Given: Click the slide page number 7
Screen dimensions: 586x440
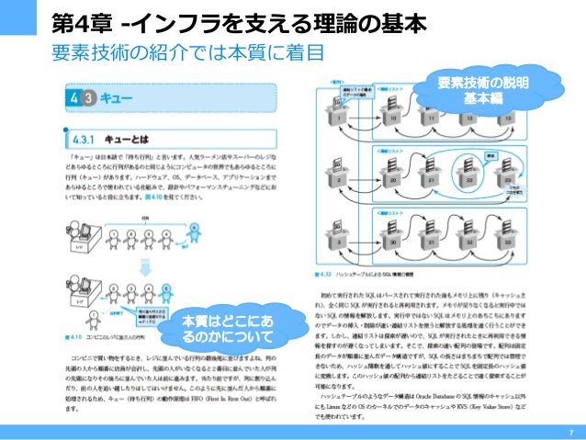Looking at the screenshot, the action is coord(570,432).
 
